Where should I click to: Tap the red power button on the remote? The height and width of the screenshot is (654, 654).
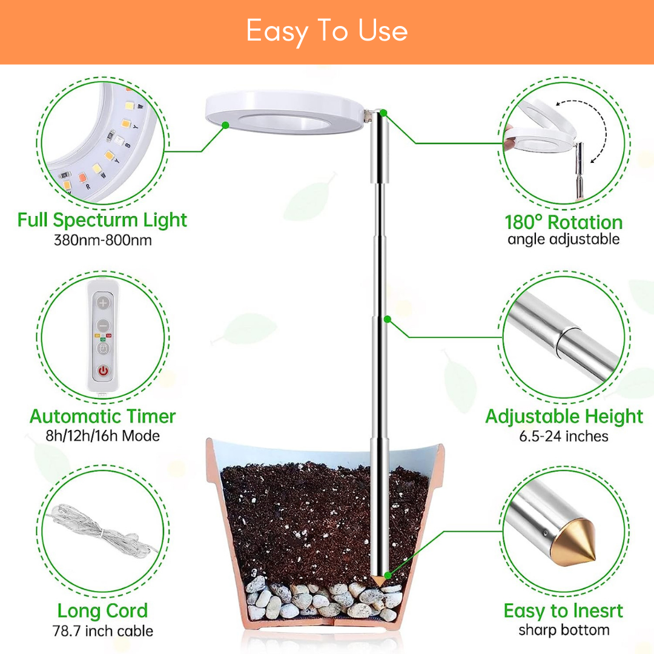(x=103, y=371)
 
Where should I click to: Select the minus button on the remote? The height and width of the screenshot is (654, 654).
(x=103, y=325)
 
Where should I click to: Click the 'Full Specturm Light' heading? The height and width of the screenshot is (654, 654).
(x=102, y=220)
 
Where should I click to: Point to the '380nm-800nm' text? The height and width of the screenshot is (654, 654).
(x=102, y=240)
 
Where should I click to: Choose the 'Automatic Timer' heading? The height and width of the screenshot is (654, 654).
(x=102, y=416)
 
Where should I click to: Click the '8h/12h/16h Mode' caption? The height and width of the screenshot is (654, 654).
(x=102, y=436)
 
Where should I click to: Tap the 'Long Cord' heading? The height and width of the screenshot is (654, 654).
(x=102, y=611)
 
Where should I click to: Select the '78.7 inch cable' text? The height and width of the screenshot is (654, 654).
(x=102, y=630)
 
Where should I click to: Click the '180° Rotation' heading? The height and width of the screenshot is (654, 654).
(x=564, y=222)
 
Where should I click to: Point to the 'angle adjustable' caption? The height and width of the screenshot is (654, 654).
(x=564, y=239)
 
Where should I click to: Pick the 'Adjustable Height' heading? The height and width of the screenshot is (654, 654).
(x=564, y=416)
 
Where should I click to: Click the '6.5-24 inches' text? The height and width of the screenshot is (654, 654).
(x=564, y=436)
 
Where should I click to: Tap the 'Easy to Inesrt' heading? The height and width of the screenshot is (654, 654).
(x=563, y=611)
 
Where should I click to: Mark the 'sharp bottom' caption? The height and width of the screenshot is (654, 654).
(x=564, y=630)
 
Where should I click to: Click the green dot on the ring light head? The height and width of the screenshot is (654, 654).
(x=226, y=125)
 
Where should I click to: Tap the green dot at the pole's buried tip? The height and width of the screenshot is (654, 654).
(x=388, y=576)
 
